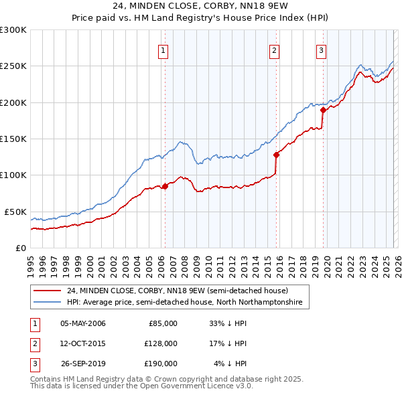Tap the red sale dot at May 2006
[165, 186]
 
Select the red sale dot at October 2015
[276, 155]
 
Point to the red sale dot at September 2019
[323, 110]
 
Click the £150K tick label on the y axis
[13, 139]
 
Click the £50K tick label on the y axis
[15, 212]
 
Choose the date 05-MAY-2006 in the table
[82, 323]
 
